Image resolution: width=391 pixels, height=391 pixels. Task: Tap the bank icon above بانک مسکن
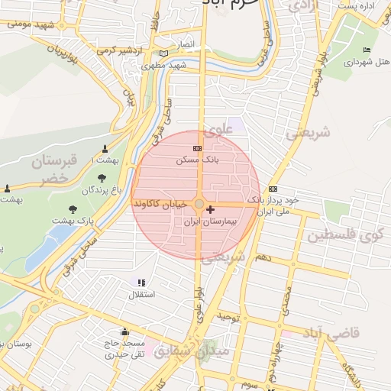click(x=198, y=148)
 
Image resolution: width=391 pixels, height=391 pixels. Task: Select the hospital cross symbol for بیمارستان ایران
click(x=211, y=208)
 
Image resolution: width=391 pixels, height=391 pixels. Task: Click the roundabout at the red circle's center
click(x=199, y=205)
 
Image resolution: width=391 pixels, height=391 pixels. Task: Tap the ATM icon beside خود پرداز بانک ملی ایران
click(x=273, y=189)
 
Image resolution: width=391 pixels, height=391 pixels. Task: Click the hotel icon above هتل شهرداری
click(x=367, y=50)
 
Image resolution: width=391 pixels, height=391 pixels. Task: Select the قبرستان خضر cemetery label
click(x=53, y=170)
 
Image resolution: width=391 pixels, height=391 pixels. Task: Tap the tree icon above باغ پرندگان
click(x=102, y=178)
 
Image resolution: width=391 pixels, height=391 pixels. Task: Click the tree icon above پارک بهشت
click(x=73, y=208)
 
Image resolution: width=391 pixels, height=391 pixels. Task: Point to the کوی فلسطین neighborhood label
click(x=348, y=236)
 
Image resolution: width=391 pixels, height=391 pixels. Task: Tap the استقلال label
click(x=144, y=294)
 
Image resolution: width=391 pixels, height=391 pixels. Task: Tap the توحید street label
click(x=230, y=315)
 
